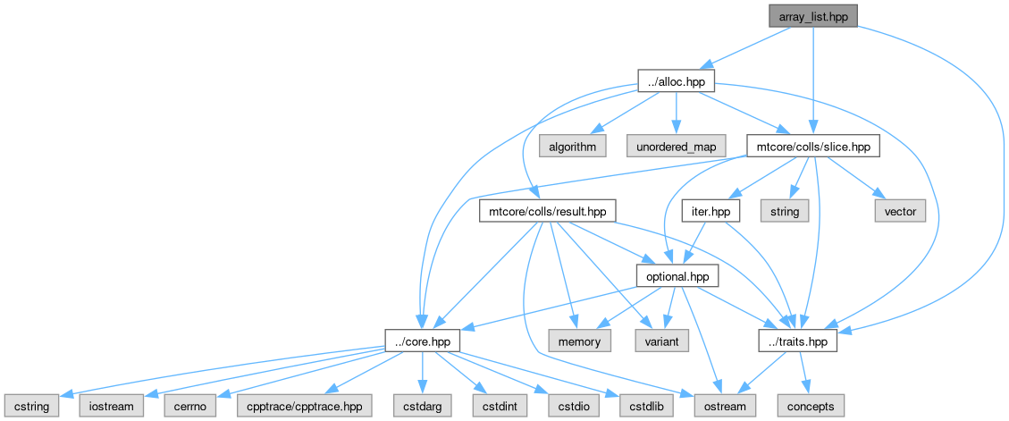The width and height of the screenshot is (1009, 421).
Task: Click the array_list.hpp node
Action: pos(813,16)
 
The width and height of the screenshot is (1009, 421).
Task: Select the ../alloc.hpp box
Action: pos(676,81)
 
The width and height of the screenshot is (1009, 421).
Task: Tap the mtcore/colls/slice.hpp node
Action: pos(813,147)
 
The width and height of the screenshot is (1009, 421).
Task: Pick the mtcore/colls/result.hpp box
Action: pos(548,212)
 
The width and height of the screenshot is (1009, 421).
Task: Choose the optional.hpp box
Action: pos(677,277)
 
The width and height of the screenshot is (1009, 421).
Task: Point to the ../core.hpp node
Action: pos(422,341)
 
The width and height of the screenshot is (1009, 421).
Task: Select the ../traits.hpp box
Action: pos(798,341)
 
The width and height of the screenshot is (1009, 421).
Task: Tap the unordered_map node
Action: pos(676,147)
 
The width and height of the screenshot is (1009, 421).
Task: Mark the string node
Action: pos(785,212)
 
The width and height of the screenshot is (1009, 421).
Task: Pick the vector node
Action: pos(900,212)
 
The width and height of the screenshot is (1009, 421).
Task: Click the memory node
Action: pos(580,341)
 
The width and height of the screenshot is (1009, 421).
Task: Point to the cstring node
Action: pos(32,406)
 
